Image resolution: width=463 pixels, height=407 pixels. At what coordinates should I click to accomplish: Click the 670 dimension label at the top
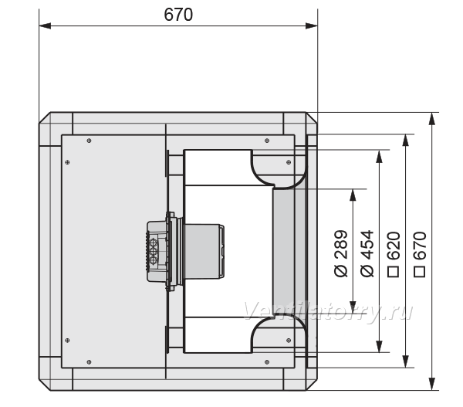tap(178, 15)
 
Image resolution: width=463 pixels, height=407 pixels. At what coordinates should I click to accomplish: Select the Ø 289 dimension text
tap(341, 253)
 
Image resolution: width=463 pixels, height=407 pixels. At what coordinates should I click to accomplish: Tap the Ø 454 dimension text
tap(367, 253)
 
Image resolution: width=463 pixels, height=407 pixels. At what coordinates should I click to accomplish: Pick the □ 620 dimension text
tap(394, 254)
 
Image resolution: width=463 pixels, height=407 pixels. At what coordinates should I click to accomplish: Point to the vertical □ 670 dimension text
tap(420, 254)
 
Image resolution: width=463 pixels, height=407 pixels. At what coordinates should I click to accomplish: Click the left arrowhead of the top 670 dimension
tap(45, 26)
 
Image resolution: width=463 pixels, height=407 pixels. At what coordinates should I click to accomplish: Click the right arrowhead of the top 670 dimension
tap(312, 26)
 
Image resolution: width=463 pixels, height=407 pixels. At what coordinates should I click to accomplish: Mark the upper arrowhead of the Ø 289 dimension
tap(353, 195)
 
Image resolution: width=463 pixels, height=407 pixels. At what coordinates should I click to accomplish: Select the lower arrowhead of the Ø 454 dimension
tap(380, 347)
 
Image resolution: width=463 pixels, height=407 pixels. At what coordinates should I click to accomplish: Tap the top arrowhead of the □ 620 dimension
tap(406, 140)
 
